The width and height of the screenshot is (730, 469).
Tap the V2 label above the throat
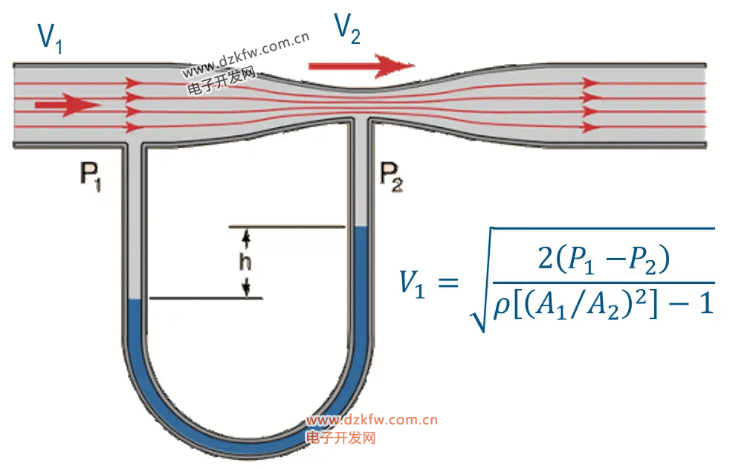[x=347, y=29]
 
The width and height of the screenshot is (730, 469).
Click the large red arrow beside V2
[x=361, y=65]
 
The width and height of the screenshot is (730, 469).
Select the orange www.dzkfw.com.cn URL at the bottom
[x=372, y=420]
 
